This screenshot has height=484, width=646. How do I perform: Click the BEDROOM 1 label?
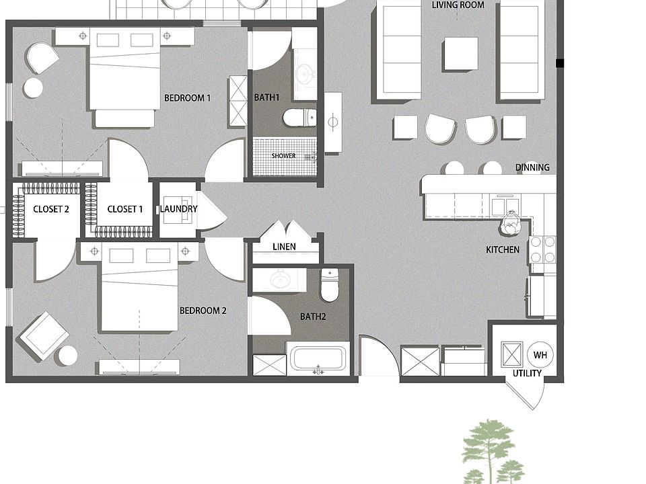tap(187, 98)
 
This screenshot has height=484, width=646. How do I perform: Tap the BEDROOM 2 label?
tap(203, 311)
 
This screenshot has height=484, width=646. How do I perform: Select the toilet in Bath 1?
tap(299, 117)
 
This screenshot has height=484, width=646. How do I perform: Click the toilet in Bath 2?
tap(329, 284)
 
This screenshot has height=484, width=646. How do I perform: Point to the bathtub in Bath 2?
tap(318, 358)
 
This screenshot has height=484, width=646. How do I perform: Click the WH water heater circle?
tap(540, 355)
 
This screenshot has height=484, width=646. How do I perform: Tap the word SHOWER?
tap(283, 156)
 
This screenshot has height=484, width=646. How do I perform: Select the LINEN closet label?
tap(284, 247)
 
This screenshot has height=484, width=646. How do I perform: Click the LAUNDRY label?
tap(178, 209)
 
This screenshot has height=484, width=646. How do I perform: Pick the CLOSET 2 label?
tap(51, 209)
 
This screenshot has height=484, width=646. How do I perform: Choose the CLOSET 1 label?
tap(125, 209)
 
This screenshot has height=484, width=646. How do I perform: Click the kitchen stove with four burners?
tap(542, 249)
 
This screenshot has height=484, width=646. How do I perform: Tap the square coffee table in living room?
tap(461, 54)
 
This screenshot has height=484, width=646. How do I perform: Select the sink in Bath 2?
tap(281, 280)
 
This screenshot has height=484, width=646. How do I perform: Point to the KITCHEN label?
tap(503, 250)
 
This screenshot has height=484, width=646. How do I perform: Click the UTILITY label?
tap(527, 373)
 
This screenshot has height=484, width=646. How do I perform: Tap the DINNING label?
tap(532, 167)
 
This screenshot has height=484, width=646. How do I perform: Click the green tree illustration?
tap(491, 452)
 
